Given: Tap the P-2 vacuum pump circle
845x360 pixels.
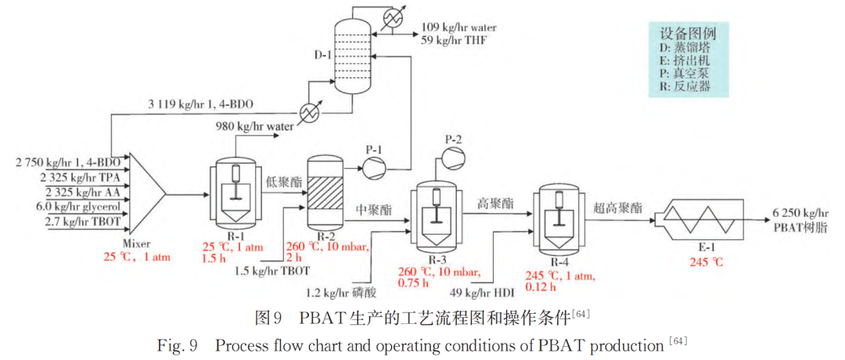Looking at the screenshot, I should click(451, 157).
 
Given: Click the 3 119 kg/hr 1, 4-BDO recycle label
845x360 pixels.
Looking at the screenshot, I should click(200, 104).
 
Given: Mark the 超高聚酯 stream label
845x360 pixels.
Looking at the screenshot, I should click(618, 208).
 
